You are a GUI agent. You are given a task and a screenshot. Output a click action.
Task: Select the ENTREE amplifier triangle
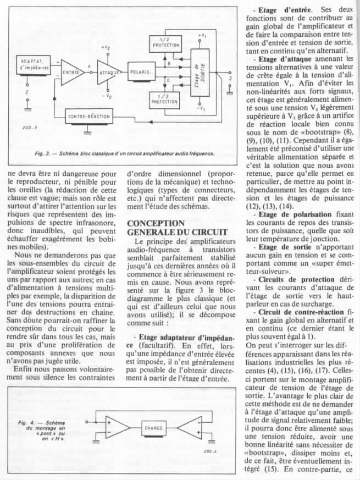click(x=70, y=73)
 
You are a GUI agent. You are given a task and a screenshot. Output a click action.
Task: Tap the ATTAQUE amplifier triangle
click(x=109, y=73)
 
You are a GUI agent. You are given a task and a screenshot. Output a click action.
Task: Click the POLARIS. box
click(x=143, y=73)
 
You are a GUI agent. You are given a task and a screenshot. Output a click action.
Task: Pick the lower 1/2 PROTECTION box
click(x=164, y=98)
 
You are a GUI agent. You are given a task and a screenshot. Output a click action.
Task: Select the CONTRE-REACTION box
click(x=88, y=117)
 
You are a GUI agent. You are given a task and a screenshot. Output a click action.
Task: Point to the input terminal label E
click(x=27, y=93)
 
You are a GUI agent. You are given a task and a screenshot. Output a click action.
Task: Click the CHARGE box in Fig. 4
click(x=154, y=427)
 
